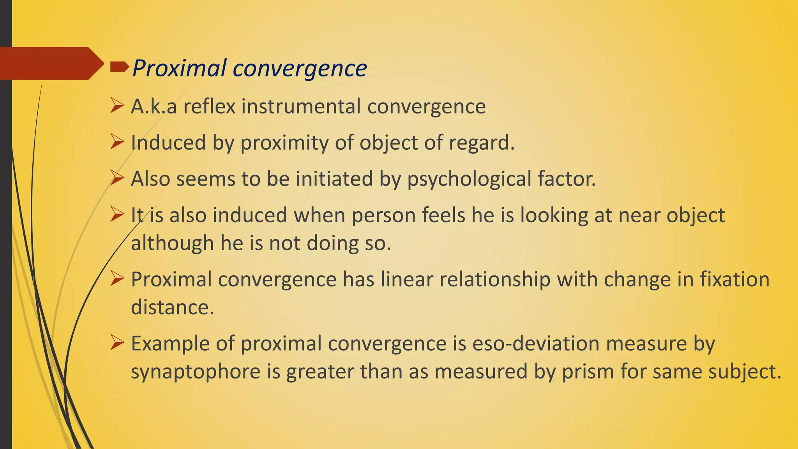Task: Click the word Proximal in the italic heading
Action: [x=179, y=68]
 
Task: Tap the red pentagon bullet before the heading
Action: [x=119, y=67]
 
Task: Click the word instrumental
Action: [x=301, y=106]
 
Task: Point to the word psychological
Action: [x=469, y=179]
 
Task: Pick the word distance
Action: [x=172, y=307]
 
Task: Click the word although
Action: [x=172, y=243]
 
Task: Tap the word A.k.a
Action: [x=154, y=106]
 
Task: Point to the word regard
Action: [x=481, y=143]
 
